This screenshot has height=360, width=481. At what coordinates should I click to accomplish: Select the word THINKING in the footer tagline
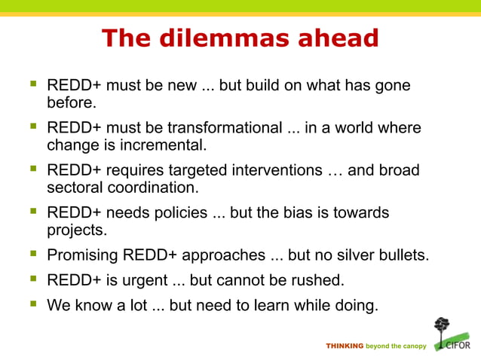click(x=344, y=346)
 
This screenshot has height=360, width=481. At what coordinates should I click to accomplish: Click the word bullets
click(x=402, y=255)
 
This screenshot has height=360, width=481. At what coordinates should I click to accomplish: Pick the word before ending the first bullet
click(x=69, y=101)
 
